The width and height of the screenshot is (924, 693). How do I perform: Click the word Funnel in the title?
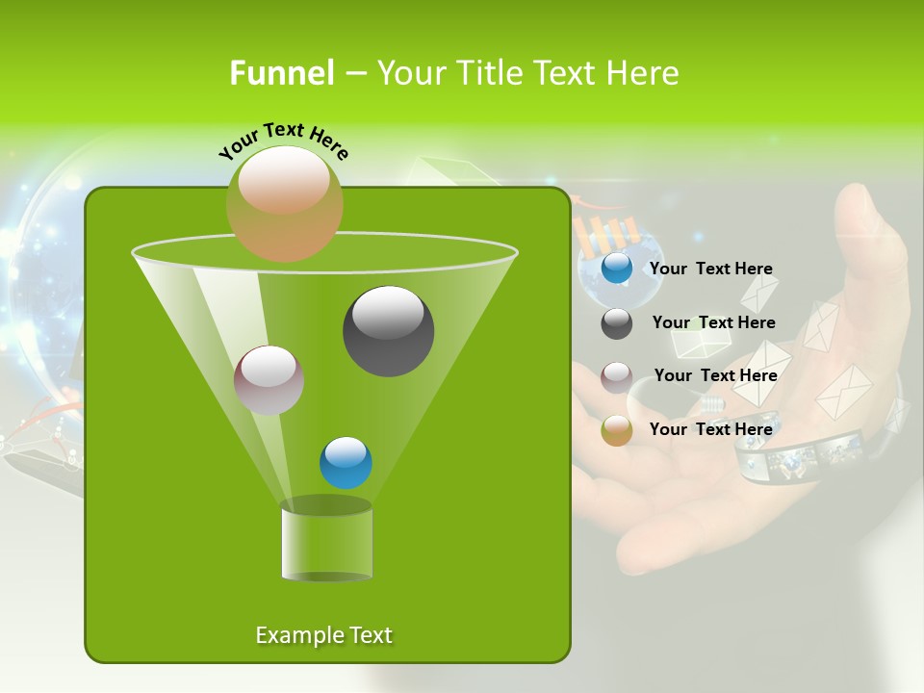[281, 73]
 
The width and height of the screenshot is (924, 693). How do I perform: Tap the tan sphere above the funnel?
[285, 203]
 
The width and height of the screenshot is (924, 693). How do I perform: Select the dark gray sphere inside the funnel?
[389, 331]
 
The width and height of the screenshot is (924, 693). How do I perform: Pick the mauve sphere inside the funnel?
[269, 380]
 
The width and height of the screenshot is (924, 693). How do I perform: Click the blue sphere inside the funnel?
[346, 463]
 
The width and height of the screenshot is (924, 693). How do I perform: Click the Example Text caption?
[323, 635]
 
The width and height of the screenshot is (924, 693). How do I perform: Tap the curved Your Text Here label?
[284, 141]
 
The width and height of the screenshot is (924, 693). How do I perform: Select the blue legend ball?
[617, 269]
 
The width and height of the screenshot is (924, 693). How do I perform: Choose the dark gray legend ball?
[617, 323]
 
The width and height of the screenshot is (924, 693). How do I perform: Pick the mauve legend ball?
[617, 376]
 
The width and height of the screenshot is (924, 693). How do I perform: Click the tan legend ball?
[617, 430]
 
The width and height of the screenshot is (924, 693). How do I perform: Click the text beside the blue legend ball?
[710, 269]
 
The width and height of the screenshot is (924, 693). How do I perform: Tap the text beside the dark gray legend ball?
[713, 323]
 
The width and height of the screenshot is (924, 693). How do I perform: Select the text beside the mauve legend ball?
[715, 376]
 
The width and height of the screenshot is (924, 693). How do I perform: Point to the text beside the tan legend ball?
[710, 429]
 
